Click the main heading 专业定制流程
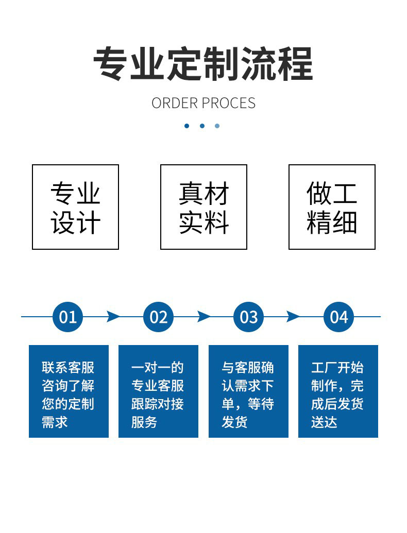coord(203,64)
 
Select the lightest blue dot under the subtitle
coord(217,126)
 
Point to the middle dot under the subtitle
coord(202,126)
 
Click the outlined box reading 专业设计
coord(76,207)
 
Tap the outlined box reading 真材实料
coord(203,207)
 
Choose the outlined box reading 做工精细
coord(332,207)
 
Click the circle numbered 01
coord(67,317)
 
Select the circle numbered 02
coord(159,317)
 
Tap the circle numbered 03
coord(248,317)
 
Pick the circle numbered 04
coord(338,317)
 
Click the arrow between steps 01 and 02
coord(113,317)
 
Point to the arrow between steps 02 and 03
coord(203,317)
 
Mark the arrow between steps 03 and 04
coord(293,317)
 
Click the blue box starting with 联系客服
coord(69,391)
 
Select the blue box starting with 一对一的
coord(159,391)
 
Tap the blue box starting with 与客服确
coord(248,391)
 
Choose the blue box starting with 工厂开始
coord(338,391)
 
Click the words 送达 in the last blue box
coord(324,422)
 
